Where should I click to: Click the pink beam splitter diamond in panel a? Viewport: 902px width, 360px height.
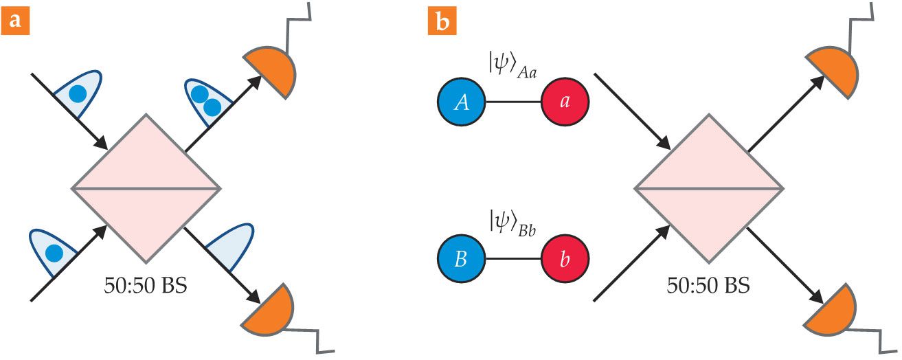coord(146,188)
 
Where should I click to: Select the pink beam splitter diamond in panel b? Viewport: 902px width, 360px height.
coord(708,188)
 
